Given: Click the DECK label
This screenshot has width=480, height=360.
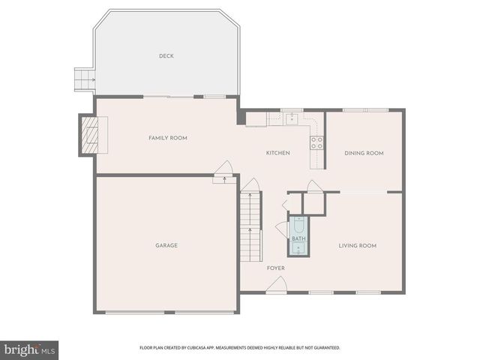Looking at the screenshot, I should pyautogui.click(x=166, y=56).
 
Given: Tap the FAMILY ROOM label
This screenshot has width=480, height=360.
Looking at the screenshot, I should pyautogui.click(x=167, y=138).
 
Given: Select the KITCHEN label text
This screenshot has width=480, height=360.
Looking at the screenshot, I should pyautogui.click(x=277, y=153).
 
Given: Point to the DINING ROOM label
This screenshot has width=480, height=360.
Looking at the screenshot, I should pyautogui.click(x=364, y=153).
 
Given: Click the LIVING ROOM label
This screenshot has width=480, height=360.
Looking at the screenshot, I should pyautogui.click(x=357, y=245).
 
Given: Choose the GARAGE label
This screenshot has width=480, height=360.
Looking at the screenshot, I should pyautogui.click(x=166, y=245).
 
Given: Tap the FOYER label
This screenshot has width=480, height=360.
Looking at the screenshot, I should pyautogui.click(x=275, y=268).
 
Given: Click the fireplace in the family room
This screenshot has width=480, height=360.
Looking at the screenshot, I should pyautogui.click(x=89, y=135).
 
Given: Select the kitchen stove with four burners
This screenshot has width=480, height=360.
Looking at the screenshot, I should pyautogui.click(x=317, y=142).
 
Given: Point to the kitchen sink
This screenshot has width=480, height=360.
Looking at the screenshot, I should pyautogui.click(x=292, y=118).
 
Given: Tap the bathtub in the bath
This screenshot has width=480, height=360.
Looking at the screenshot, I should pyautogui.click(x=298, y=228).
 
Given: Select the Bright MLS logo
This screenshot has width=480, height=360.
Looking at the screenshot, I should pyautogui.click(x=30, y=349).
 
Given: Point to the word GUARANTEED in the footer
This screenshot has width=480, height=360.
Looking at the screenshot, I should pyautogui.click(x=324, y=348).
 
